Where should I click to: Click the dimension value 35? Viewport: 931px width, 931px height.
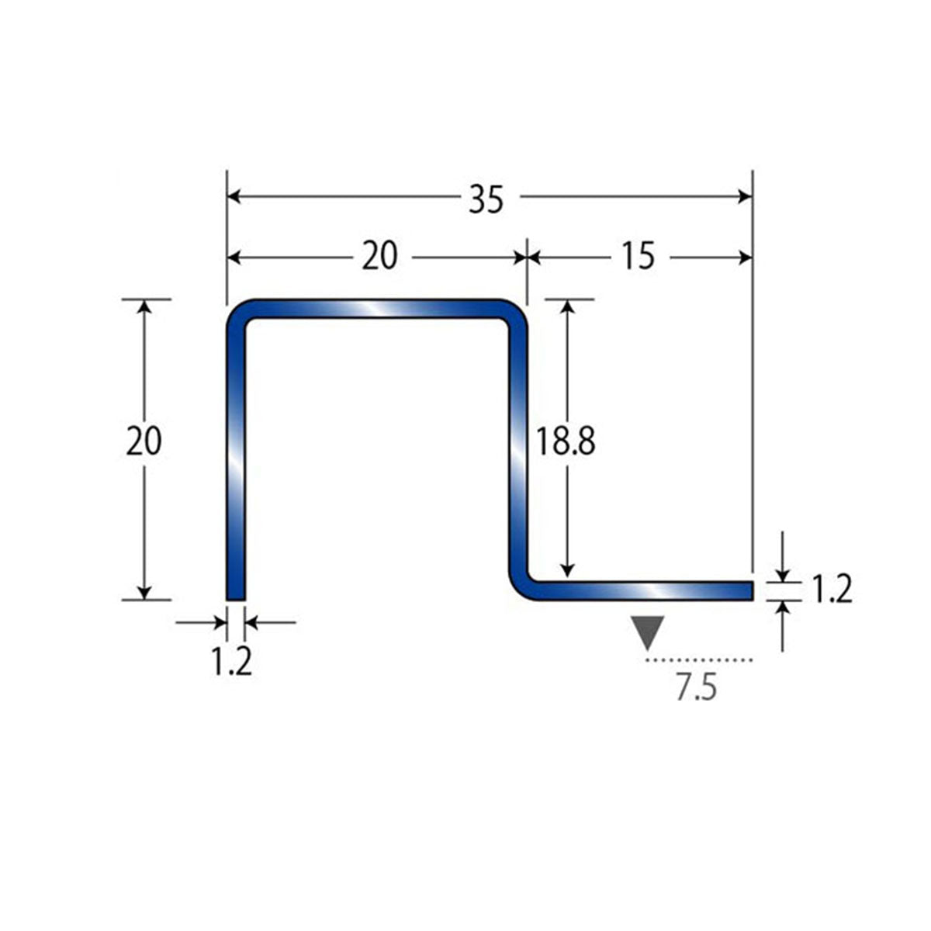click(486, 199)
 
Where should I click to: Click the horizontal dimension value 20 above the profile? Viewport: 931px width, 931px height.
click(379, 256)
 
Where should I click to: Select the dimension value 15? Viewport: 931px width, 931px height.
click(639, 256)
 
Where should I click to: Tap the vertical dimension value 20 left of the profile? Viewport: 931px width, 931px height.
click(144, 441)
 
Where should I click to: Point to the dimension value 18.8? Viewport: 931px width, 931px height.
click(566, 441)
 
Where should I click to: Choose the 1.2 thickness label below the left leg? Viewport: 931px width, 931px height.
click(232, 662)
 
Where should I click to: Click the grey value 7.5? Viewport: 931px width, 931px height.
click(697, 687)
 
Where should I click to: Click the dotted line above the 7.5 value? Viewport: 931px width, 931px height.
click(699, 659)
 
